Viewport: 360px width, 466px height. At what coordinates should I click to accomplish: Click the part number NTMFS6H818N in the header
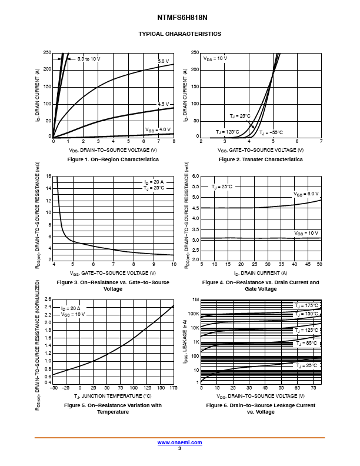coord(179,18)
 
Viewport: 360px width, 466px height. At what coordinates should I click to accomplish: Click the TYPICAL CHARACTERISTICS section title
coord(179,34)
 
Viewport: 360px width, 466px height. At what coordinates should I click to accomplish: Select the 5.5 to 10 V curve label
coord(89,59)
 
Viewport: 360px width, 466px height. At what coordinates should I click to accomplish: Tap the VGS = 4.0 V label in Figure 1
coord(158,129)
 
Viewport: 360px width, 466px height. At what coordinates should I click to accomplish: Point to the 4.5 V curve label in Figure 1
coord(163,104)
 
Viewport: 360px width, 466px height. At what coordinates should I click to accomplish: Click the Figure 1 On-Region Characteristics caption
coord(113,159)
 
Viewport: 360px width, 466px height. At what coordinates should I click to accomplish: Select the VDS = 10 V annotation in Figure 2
coord(215,59)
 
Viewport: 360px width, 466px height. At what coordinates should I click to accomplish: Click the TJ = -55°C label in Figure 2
coord(271,132)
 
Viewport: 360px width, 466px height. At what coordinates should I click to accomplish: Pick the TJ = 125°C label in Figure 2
coord(227,132)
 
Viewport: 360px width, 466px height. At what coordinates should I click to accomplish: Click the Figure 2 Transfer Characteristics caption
coord(261,159)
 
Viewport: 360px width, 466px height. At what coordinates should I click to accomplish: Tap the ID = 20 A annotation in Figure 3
coord(154,182)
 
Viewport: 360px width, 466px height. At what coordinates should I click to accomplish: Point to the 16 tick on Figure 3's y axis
coord(49,176)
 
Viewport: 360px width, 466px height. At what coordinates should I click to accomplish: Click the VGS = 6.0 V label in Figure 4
coord(306,194)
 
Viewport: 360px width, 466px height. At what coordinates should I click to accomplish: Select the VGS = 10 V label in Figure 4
coord(306,234)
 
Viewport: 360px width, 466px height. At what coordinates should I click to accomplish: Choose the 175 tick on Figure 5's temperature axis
coord(174,388)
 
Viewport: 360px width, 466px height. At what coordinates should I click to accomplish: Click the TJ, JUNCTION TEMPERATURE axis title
coord(113,395)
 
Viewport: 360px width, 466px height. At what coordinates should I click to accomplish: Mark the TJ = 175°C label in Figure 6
coord(307,305)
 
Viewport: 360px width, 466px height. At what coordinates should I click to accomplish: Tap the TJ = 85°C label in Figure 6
coord(306,342)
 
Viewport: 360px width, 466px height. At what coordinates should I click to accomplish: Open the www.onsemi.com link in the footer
coord(179,442)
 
